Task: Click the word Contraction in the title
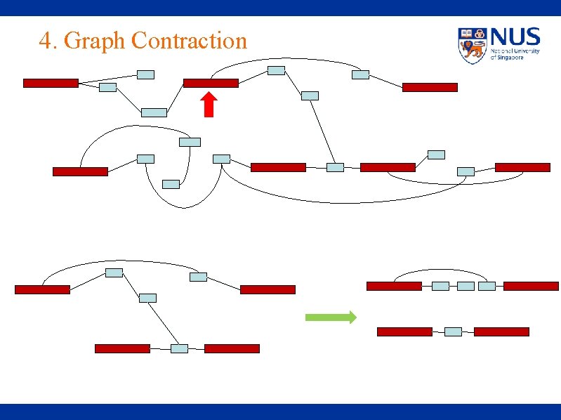click(189, 41)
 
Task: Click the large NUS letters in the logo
click(515, 37)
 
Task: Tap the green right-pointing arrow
click(331, 317)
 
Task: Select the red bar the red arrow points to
click(211, 83)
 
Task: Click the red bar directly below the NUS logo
click(430, 87)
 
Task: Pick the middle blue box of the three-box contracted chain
click(466, 286)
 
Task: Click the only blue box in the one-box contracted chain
click(453, 332)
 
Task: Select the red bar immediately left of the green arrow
click(268, 289)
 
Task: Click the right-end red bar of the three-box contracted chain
click(531, 286)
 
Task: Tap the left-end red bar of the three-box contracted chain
click(395, 286)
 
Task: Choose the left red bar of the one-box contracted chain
click(404, 332)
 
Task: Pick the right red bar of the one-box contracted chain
click(501, 332)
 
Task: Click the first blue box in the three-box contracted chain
click(440, 286)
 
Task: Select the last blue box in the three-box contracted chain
click(487, 286)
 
